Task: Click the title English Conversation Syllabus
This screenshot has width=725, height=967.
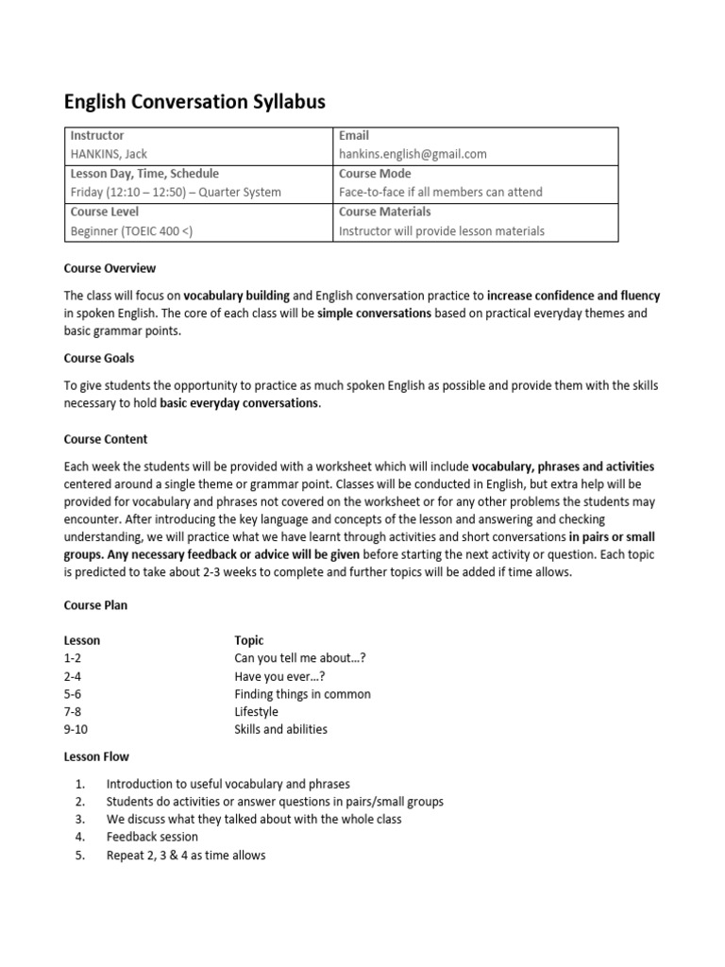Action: pos(194,101)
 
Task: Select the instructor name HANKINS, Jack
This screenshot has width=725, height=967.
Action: pos(110,154)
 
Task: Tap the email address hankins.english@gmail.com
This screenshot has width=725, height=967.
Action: pos(413,154)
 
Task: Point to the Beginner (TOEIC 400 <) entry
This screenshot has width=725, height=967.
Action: pos(132,230)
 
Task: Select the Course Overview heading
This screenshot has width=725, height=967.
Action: pos(110,268)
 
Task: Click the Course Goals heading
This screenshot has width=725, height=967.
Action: pos(99,358)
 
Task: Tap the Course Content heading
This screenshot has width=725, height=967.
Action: pos(106,439)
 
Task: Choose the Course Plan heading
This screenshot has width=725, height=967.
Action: pos(95,605)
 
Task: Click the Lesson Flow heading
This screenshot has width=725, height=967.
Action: pos(96,756)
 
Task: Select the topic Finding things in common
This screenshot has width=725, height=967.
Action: pos(302,694)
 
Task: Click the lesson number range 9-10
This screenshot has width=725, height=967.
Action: pos(76,729)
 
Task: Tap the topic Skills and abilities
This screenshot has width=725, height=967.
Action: pos(281,729)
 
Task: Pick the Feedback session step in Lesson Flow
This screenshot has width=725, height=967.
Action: pos(152,837)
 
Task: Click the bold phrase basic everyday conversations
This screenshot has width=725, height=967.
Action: pos(240,403)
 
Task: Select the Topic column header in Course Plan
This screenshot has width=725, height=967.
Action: pos(249,640)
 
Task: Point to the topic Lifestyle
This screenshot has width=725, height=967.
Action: pos(257,711)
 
